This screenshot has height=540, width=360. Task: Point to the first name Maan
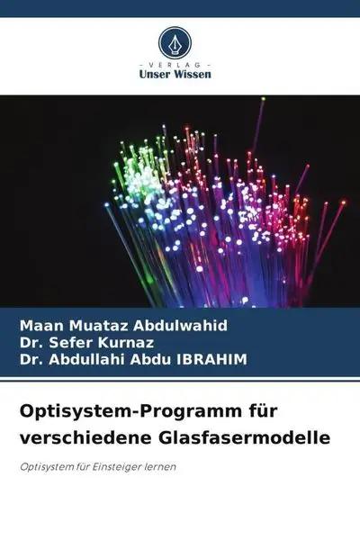pos(36,322)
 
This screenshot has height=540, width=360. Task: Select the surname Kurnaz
pos(106,341)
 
